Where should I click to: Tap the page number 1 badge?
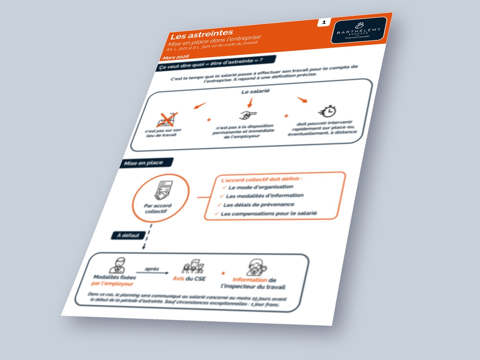(323, 23)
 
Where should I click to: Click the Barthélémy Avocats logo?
(359, 30)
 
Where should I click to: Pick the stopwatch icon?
(327, 110)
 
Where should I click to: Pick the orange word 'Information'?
(250, 280)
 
